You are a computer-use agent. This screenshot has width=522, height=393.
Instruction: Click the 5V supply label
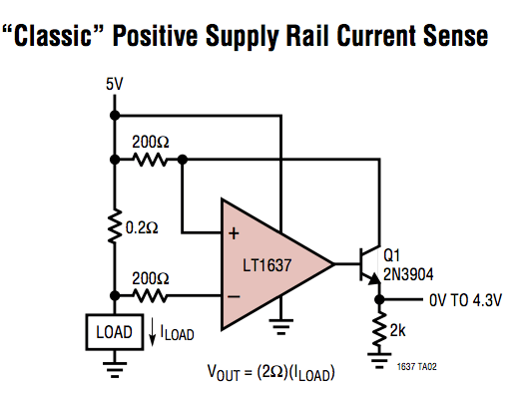tap(114, 84)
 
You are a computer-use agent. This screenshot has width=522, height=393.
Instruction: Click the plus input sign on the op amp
tap(235, 234)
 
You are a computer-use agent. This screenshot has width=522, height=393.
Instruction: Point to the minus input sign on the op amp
tap(235, 295)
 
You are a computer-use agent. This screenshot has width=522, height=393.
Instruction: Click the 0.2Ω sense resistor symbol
tap(114, 227)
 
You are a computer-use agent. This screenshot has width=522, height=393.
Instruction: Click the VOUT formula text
tap(270, 374)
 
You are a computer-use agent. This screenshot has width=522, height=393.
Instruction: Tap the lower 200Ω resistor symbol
tap(150, 295)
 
